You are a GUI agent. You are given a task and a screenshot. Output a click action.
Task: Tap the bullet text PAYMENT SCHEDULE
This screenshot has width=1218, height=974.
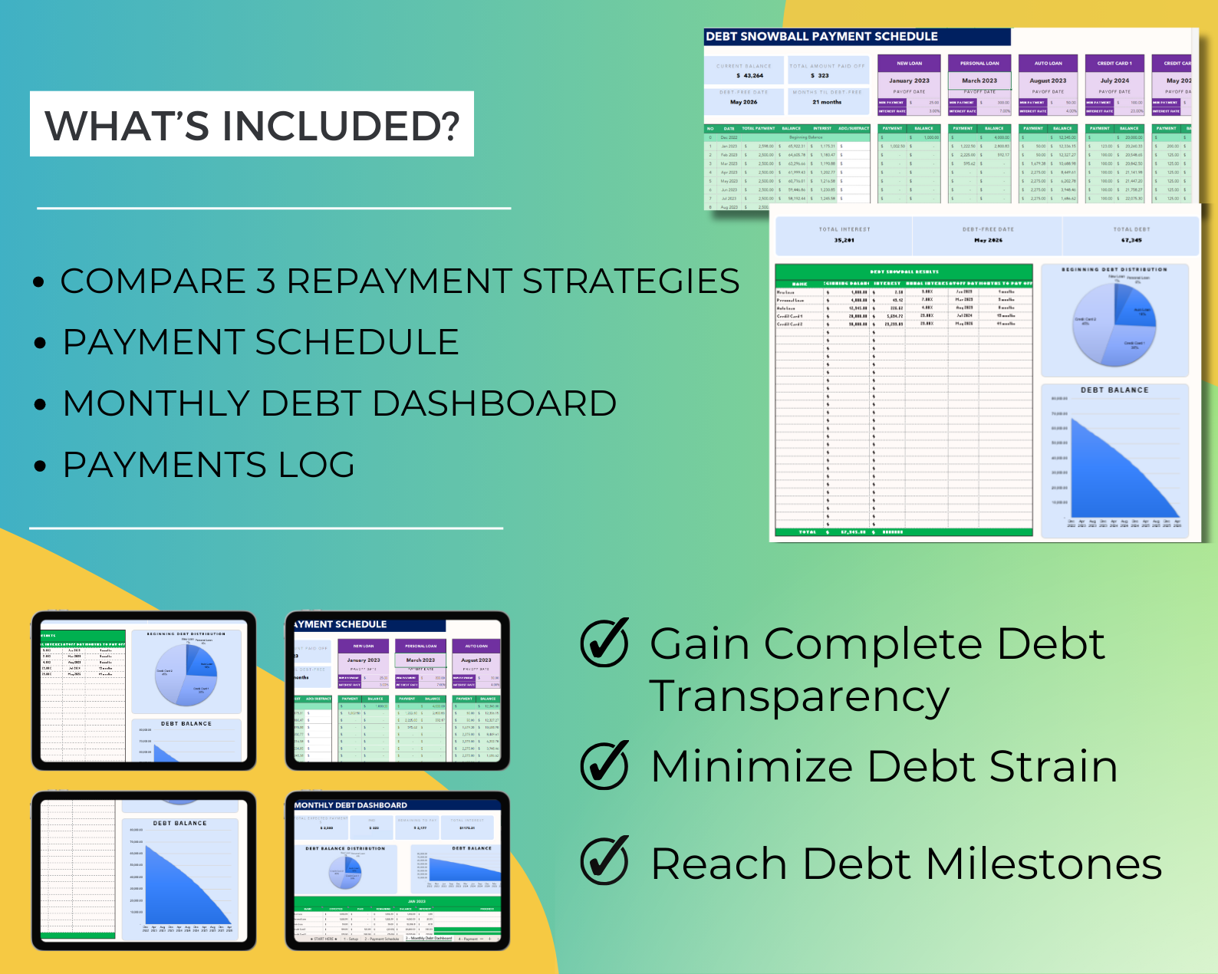261,342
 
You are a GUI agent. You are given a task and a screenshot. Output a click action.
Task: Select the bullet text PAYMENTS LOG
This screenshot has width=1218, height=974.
209,465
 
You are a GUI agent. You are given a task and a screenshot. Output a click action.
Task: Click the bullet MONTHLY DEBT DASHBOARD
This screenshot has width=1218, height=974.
339,403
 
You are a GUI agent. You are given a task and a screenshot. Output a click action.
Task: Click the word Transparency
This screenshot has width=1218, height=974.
799,698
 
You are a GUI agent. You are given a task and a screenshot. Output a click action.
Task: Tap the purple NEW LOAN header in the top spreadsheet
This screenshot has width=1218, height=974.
910,64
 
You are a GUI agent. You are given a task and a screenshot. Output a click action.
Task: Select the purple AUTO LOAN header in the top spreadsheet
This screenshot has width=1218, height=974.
1048,64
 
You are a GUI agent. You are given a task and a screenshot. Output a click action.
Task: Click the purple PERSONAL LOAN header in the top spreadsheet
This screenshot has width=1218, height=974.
979,64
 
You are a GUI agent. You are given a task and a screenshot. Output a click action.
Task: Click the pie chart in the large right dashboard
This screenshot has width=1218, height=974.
1114,323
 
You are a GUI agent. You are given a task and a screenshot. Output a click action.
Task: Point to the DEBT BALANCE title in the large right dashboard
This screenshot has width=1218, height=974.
1114,390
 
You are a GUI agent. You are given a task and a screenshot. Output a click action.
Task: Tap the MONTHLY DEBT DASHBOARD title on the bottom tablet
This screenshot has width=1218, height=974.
351,805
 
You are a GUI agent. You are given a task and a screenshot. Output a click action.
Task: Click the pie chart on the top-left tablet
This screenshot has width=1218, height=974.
186,675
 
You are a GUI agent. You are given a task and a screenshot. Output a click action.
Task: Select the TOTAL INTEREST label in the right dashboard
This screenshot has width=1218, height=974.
844,229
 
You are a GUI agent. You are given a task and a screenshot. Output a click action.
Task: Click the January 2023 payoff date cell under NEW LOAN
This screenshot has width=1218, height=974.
909,81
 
